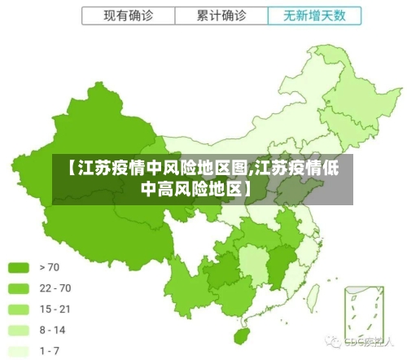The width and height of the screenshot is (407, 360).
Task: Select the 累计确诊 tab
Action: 222,15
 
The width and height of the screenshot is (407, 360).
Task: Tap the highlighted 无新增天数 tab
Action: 313,15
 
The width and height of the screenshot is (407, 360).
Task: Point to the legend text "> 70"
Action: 49,267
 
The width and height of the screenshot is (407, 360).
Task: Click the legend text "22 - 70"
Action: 55,288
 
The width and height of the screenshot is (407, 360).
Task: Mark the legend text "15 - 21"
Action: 55,310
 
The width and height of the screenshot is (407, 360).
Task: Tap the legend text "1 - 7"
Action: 50,351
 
